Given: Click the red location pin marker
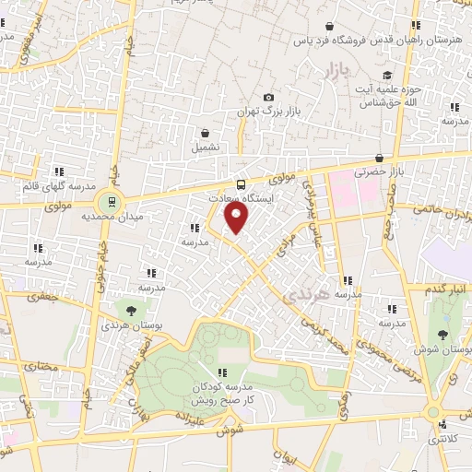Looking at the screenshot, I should pos(237,218).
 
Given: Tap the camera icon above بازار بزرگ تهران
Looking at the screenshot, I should pos(268,97).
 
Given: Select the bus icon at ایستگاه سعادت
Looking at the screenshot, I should pos(242,183).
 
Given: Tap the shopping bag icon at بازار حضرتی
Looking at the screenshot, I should pos(380,158).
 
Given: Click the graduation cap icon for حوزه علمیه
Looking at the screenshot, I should pos(387,77).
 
